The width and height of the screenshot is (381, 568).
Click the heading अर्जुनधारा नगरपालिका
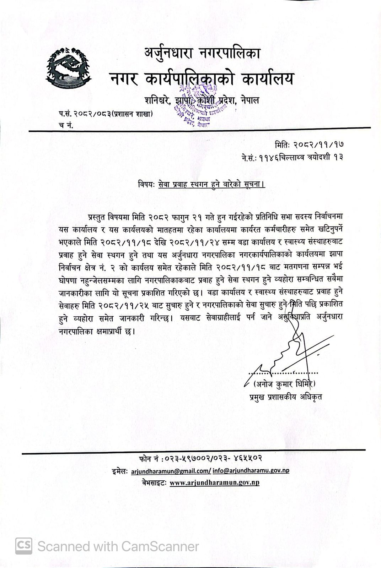pos(202,53)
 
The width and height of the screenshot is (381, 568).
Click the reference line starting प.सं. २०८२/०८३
pos(106,114)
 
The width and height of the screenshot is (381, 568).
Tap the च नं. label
pos(66,125)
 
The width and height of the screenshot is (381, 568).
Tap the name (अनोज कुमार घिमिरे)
pos(284,384)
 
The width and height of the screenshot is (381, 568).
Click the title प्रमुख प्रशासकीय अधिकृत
pos(286,397)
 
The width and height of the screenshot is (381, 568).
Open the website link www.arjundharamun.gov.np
pos(214,483)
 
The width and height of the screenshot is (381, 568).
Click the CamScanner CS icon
pos(23,546)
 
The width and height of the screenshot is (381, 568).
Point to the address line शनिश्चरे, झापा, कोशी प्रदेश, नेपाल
pos(202,100)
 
